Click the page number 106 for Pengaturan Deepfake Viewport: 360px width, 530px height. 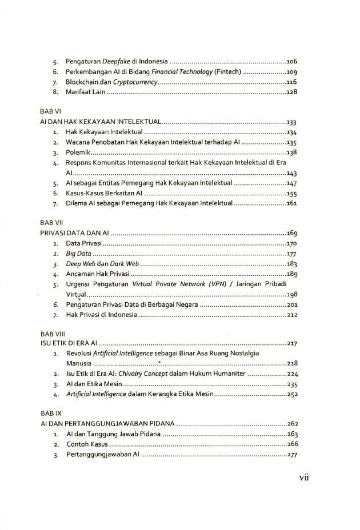291,61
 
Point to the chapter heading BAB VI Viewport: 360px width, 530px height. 50,111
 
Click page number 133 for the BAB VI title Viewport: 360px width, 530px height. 291,122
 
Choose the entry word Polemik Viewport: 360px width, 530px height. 78,152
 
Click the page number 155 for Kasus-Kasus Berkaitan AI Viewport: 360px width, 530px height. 291,194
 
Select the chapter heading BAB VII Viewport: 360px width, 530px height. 51,222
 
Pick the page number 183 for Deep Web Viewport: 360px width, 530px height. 291,264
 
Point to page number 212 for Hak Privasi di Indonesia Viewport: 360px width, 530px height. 291,315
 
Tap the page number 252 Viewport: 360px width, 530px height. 291,394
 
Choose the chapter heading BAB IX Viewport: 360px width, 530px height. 51,412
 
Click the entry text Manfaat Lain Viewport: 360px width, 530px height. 85,93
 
